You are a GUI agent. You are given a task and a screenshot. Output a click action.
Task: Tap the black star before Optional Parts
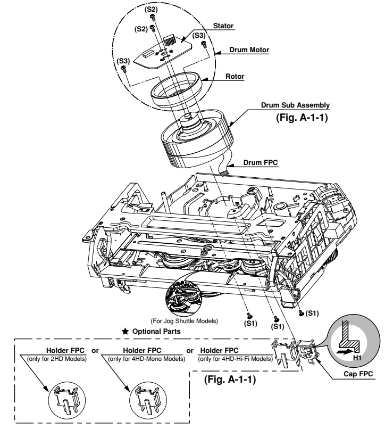pos(125,331)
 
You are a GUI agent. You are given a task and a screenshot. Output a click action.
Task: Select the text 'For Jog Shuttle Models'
pos(186,321)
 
